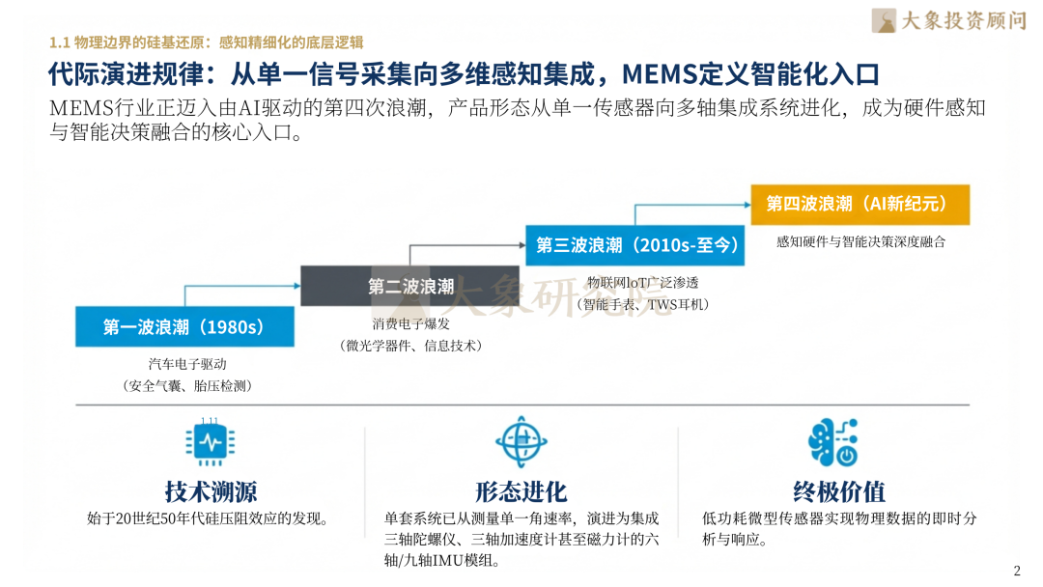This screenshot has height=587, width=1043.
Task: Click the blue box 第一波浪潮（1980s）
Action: pyautogui.click(x=183, y=327)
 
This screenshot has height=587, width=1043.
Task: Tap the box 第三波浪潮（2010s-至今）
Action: pyautogui.click(x=637, y=245)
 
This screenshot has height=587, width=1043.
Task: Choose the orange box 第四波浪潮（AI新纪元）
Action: pyautogui.click(x=860, y=204)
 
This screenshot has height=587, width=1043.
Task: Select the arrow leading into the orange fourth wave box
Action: pyautogui.click(x=691, y=205)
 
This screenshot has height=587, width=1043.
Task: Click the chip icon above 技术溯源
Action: pyautogui.click(x=211, y=443)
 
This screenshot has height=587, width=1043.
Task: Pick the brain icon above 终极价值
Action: pyautogui.click(x=832, y=443)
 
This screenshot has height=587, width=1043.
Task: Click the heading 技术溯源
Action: pyautogui.click(x=211, y=491)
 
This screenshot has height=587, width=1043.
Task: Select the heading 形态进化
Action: pyautogui.click(x=521, y=491)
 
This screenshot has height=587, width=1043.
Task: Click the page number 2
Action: pyautogui.click(x=1016, y=570)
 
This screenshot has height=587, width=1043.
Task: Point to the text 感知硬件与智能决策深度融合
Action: pyautogui.click(x=860, y=241)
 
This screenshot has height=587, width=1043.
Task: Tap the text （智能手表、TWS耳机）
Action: pyautogui.click(x=643, y=304)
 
